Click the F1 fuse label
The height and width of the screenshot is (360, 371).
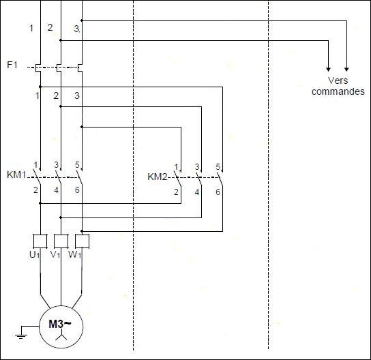(x=12, y=65)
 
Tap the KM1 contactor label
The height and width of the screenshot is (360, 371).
(x=16, y=175)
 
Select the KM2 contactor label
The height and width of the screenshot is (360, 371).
(x=158, y=177)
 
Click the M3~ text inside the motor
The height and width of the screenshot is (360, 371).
(x=60, y=324)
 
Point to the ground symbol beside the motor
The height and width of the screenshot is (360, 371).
(x=21, y=336)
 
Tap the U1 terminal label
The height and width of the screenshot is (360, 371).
(x=35, y=254)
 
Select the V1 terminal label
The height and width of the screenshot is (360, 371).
(x=55, y=254)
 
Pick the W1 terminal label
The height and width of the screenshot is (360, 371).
(x=75, y=254)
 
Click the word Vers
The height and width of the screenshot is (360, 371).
(x=338, y=80)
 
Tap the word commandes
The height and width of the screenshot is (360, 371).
(x=338, y=91)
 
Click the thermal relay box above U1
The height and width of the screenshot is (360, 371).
(x=40, y=241)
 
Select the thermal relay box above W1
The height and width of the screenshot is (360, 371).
(x=82, y=241)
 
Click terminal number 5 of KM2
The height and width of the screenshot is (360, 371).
(x=218, y=166)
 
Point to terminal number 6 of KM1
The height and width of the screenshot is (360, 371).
(x=77, y=190)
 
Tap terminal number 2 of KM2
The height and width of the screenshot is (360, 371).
(x=176, y=192)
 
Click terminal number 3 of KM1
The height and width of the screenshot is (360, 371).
(x=56, y=164)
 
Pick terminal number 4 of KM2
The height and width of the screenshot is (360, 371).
(x=197, y=192)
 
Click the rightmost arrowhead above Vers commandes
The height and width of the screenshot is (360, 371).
(x=346, y=70)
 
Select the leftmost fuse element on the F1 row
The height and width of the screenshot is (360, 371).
(x=38, y=68)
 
